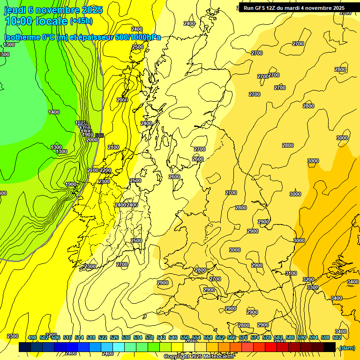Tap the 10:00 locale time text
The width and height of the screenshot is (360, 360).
[36, 21]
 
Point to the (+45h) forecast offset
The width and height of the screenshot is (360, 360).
[81, 21]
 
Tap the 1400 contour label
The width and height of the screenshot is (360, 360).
[54, 112]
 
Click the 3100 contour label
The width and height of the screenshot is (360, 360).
[291, 273]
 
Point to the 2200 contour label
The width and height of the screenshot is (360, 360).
[105, 170]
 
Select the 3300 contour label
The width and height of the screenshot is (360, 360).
[313, 287]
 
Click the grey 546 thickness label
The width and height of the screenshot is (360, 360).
[99, 135]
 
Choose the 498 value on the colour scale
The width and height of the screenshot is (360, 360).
[32, 337]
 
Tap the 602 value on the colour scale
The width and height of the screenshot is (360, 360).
[337, 337]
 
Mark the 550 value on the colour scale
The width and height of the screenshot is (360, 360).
[185, 337]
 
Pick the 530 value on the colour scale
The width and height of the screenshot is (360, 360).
[126, 337]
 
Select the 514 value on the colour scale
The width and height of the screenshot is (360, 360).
[79, 337]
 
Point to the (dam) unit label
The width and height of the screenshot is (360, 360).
[347, 347]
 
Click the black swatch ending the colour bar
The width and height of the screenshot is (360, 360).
[330, 347]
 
